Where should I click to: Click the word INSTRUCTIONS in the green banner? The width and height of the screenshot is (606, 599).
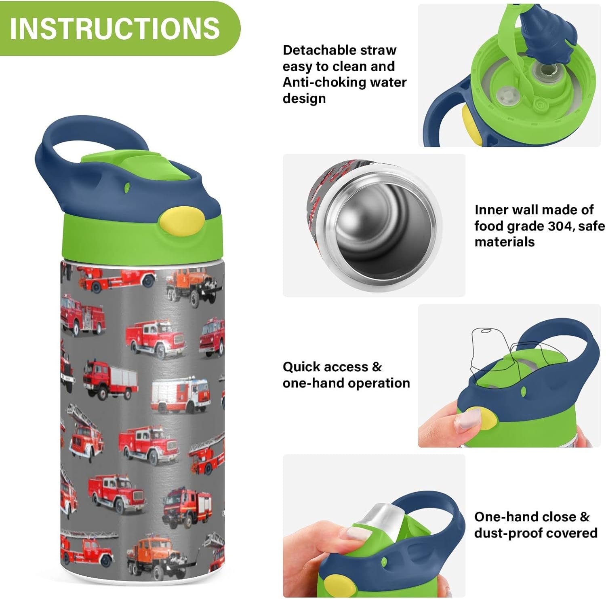click(x=115, y=28)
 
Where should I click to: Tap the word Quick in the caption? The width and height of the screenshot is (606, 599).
click(x=301, y=367)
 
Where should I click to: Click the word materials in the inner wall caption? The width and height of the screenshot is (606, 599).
click(x=504, y=242)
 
